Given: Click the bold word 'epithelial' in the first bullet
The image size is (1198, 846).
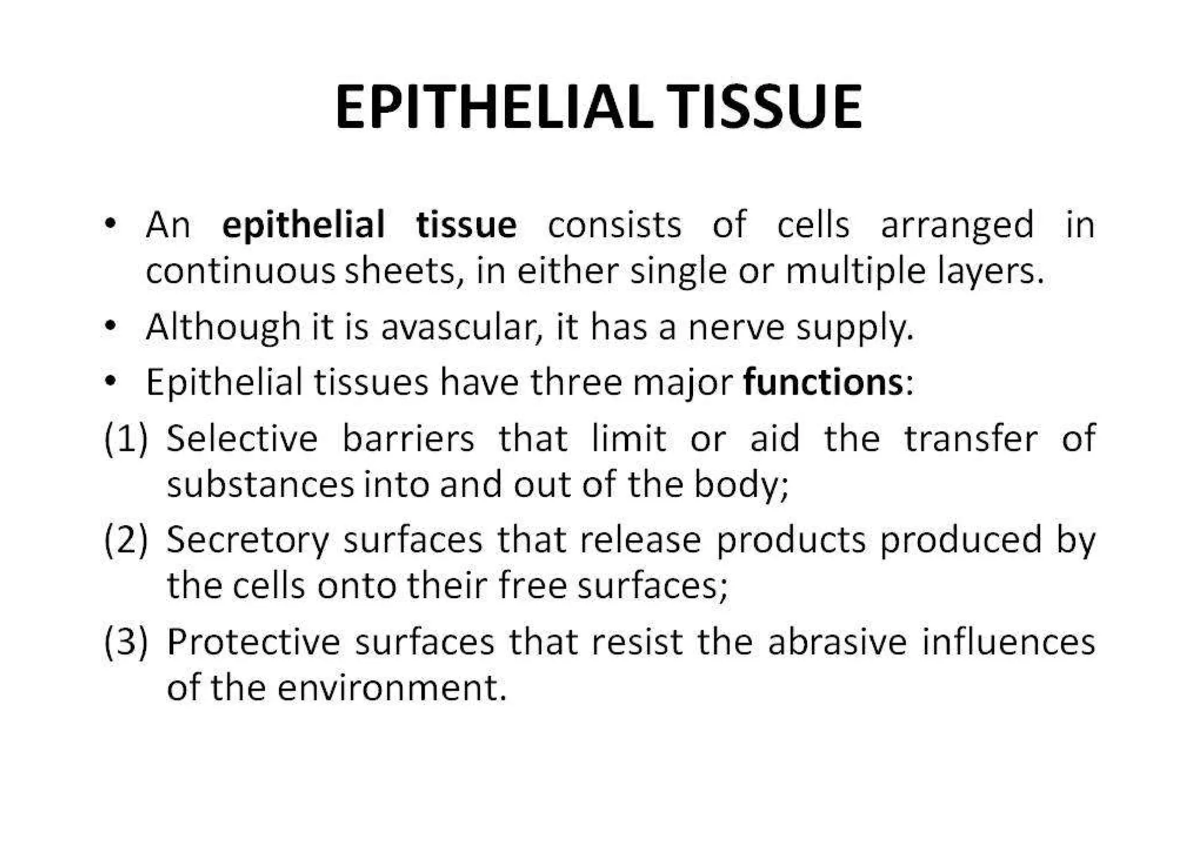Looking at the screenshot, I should point(304,225).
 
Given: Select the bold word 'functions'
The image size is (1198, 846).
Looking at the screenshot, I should point(824,382).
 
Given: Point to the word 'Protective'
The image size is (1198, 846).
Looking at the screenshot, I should point(253,642).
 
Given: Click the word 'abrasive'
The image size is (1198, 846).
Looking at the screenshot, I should point(837,642).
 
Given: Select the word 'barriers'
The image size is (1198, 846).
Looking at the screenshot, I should point(408,438).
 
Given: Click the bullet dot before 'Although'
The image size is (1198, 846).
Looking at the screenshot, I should point(109,326).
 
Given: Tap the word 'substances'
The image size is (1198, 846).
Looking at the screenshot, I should point(260,485).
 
